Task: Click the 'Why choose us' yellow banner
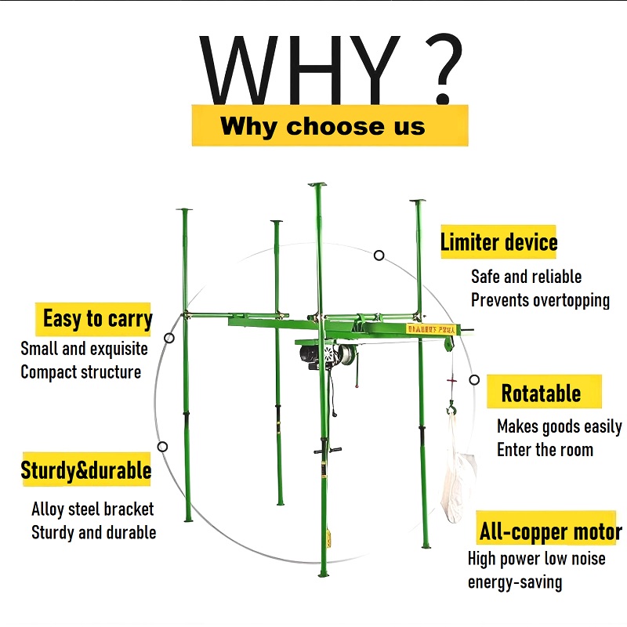329,125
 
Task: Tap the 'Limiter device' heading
498,242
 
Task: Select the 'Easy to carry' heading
96,319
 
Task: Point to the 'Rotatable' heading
541,393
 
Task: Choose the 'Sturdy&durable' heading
86,471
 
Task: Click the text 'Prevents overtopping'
540,300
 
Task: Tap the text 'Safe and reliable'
526,277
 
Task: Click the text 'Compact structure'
81,371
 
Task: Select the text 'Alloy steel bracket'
92,509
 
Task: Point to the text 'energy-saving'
515,582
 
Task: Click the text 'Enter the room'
545,450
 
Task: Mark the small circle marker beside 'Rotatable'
474,379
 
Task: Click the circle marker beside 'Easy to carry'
169,338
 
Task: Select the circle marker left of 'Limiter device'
379,255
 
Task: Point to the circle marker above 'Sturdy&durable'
162,447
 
